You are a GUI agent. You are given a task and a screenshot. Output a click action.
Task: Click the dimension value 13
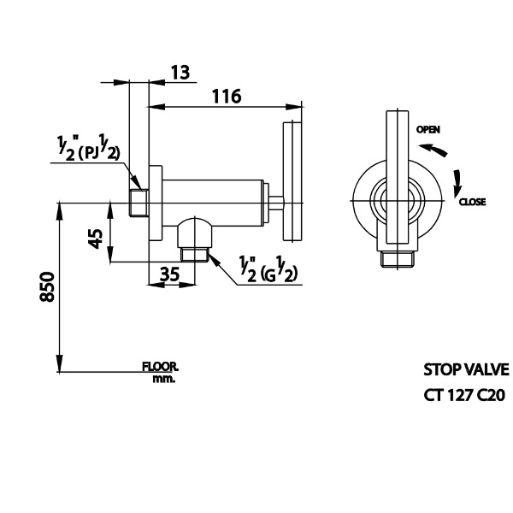click(180, 72)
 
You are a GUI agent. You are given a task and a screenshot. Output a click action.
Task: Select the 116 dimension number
click(227, 97)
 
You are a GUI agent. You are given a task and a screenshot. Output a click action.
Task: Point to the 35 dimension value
click(170, 274)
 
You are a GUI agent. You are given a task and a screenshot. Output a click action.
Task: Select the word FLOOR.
click(161, 368)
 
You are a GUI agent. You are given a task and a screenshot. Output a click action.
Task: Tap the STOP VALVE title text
click(466, 370)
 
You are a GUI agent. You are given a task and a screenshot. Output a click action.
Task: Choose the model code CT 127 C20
click(465, 395)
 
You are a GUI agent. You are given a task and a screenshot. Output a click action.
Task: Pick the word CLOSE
click(472, 202)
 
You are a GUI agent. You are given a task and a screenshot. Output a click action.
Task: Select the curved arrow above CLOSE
click(457, 180)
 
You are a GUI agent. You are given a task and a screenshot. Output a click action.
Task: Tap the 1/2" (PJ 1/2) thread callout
click(89, 150)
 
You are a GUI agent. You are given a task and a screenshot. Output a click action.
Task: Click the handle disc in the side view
click(291, 182)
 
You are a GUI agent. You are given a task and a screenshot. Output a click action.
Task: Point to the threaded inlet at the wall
click(136, 203)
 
